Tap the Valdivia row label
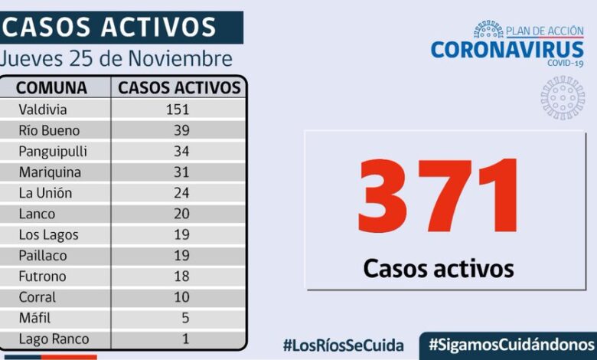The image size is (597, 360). click(x=43, y=110)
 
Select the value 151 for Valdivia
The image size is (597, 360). click(x=178, y=110)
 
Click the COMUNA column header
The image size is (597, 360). click(x=51, y=87)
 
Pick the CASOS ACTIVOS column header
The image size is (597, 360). click(x=179, y=87)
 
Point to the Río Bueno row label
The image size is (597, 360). click(x=49, y=130)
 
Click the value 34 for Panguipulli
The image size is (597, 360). click(x=181, y=151)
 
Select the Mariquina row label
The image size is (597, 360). click(x=50, y=172)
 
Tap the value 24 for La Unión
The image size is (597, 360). click(x=181, y=193)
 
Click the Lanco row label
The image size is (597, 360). click(x=38, y=214)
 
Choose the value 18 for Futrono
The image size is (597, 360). click(x=181, y=277)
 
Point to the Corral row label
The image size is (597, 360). click(x=38, y=297)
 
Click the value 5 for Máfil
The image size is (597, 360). click(x=184, y=318)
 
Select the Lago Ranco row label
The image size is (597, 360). click(x=54, y=339)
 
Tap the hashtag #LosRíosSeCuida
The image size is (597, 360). click(x=344, y=345)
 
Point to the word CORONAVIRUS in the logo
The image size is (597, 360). click(x=507, y=50)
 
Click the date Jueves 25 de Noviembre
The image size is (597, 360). click(x=116, y=59)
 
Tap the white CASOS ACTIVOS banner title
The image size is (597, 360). click(x=109, y=28)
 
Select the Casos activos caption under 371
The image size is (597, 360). click(x=438, y=268)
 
